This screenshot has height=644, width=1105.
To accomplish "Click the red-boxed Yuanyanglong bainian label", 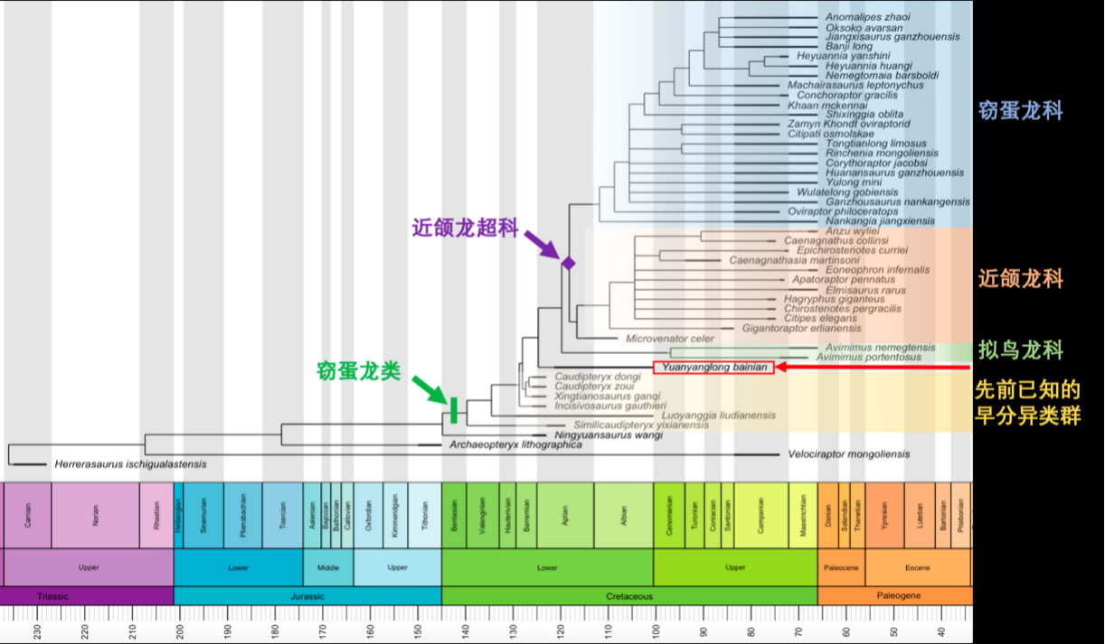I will [713, 368].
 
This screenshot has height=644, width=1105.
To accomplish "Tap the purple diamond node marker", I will [569, 263].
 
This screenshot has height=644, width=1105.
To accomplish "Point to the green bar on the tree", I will [453, 410].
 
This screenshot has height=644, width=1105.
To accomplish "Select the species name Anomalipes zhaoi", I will [867, 17].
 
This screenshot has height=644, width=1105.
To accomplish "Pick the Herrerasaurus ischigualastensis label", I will [130, 464].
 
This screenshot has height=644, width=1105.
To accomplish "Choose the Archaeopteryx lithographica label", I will [515, 445].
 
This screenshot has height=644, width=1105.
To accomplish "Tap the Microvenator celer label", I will [670, 339].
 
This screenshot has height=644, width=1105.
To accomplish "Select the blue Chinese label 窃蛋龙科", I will [1021, 111].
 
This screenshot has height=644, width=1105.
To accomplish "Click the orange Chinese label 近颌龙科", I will [1021, 278].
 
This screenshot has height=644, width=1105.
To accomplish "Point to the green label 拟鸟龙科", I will [1021, 350].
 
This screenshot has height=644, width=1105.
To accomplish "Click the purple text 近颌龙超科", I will [466, 229].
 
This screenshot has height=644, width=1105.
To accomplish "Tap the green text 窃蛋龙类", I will [358, 371].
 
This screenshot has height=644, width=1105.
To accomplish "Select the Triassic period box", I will [87, 596].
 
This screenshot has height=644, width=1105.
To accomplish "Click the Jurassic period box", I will [307, 596].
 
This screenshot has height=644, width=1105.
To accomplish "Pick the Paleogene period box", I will [894, 596].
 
